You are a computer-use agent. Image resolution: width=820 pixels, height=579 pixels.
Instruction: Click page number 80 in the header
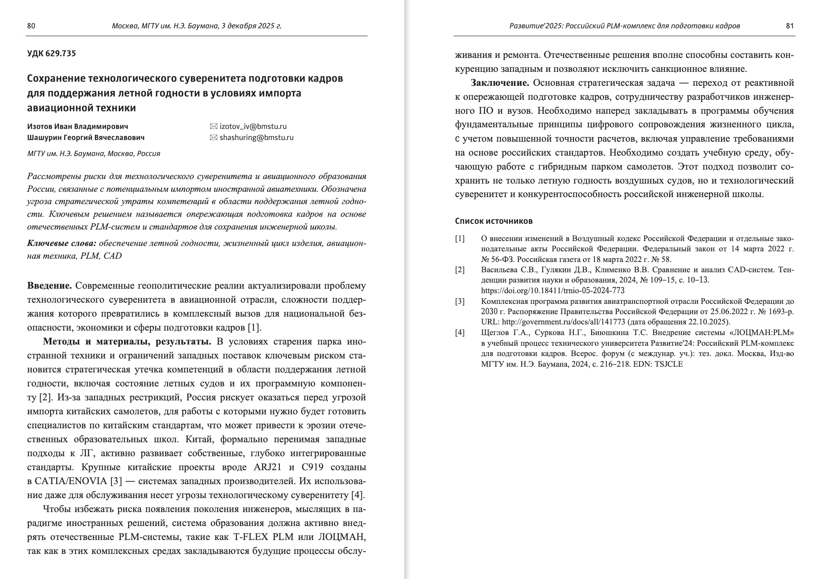coord(31,26)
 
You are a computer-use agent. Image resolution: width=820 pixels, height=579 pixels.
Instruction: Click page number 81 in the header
coord(790,26)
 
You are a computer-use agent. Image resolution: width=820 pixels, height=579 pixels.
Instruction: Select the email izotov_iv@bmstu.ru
coord(253,126)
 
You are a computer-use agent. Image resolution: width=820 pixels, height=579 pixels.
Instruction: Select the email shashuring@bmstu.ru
coord(256,138)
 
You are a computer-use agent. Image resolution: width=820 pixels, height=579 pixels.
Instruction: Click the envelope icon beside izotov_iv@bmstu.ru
coord(213,126)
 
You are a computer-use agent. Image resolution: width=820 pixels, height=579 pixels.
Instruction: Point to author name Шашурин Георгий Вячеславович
coord(86,138)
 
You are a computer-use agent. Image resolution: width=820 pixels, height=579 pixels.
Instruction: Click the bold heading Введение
coord(50,286)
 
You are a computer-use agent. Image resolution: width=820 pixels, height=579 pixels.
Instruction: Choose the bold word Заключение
coord(500,83)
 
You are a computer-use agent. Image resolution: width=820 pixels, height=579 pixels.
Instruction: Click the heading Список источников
coord(494,221)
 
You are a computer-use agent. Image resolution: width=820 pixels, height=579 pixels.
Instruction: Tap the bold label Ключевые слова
coord(62,244)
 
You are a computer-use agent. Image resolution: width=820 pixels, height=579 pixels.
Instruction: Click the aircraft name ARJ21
coord(268,467)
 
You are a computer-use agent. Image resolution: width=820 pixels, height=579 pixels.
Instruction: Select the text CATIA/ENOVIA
coord(69,481)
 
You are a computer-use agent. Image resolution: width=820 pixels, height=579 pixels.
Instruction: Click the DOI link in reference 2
coord(553,291)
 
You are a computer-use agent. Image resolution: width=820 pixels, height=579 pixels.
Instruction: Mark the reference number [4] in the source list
coord(460,333)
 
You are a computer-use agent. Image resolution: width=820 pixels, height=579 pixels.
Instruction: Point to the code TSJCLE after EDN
coord(669,364)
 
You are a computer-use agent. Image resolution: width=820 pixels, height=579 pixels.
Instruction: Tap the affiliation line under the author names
coord(94,154)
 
